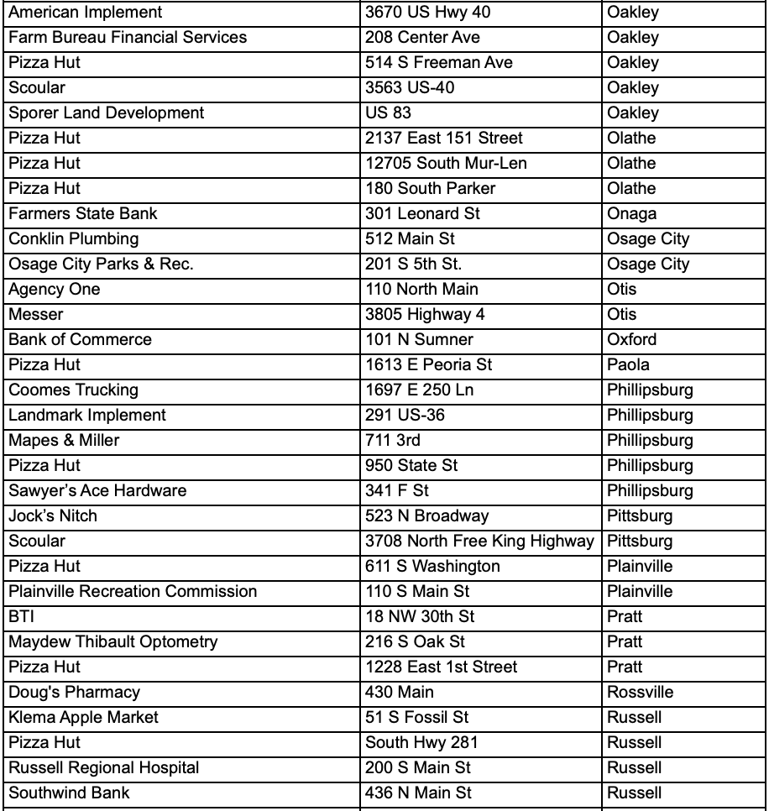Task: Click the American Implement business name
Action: (x=86, y=13)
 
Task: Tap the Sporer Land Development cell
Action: (x=107, y=113)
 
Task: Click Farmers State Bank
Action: (x=83, y=214)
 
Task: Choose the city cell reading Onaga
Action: (x=631, y=214)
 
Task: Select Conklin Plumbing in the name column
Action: (x=74, y=239)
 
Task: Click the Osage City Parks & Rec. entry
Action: (x=101, y=264)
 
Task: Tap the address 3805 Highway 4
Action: (x=425, y=315)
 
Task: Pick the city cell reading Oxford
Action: (x=631, y=340)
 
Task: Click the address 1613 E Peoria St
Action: (x=428, y=365)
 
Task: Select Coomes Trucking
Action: (x=74, y=390)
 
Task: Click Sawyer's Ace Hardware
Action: (x=97, y=491)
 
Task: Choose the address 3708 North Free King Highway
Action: (x=479, y=542)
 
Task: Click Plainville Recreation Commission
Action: (x=133, y=592)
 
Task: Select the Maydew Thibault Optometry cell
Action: (x=113, y=642)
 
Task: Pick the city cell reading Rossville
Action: (x=640, y=693)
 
